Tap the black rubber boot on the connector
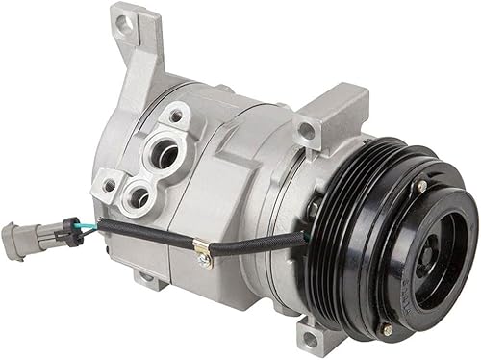[69, 232]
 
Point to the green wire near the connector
[89, 230]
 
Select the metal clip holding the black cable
[201, 252]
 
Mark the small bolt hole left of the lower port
[110, 185]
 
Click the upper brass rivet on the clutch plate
[421, 185]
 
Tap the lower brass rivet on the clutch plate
[388, 329]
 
